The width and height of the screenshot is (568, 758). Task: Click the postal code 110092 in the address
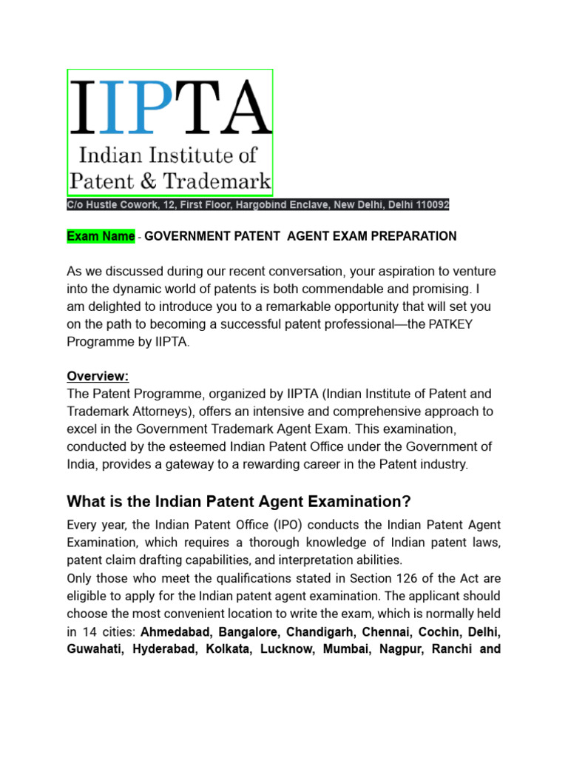point(430,205)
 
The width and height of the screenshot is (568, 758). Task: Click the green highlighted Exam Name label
point(101,236)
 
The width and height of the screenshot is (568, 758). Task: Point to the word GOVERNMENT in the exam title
point(182,236)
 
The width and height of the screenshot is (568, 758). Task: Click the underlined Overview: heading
point(98,375)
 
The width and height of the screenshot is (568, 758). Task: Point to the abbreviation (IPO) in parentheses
point(291,525)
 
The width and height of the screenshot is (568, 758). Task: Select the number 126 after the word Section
point(424,578)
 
